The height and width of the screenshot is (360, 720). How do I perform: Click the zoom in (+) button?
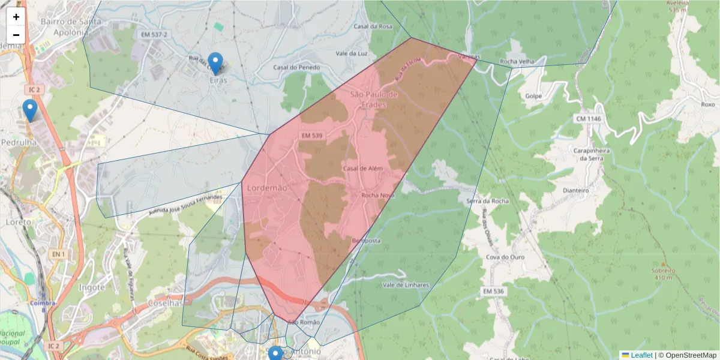click(16, 17)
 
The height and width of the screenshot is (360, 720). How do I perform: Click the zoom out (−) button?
click(16, 34)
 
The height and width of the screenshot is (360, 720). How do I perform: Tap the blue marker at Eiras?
click(215, 63)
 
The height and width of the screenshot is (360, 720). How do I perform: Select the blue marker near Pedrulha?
click(29, 110)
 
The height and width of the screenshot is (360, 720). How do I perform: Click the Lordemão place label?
click(267, 188)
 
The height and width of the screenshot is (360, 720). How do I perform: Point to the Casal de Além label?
click(362, 169)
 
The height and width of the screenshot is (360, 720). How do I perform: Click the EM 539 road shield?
click(313, 136)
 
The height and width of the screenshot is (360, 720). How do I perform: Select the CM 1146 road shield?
click(588, 119)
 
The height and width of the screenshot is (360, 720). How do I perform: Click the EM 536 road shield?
click(494, 291)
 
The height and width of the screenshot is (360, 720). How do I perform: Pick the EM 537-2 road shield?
click(154, 35)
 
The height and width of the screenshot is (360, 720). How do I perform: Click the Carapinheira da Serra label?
click(591, 155)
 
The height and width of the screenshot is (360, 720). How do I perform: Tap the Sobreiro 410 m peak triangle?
click(663, 264)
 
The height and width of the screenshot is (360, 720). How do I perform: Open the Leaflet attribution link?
click(641, 355)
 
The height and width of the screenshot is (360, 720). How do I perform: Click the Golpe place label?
click(533, 96)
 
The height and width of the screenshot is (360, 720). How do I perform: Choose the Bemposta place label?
click(366, 241)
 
